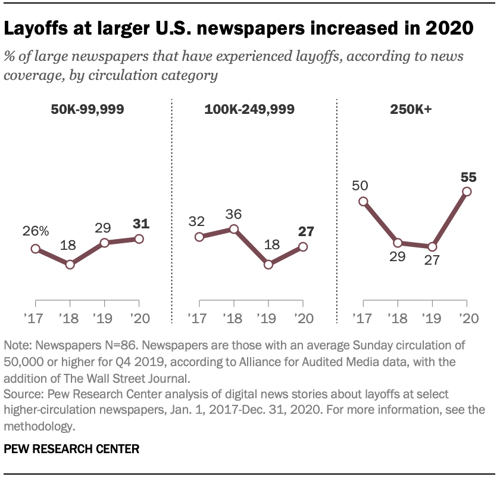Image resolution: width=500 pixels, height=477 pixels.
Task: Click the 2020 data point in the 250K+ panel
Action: click(467, 191)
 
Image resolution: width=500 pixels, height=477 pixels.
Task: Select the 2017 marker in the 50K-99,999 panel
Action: click(36, 249)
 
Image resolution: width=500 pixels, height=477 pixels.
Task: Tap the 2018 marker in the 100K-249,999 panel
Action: click(234, 229)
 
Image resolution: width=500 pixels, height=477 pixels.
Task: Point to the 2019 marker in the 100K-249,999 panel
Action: click(268, 264)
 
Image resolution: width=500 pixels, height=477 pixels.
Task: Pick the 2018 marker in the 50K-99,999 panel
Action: click(70, 264)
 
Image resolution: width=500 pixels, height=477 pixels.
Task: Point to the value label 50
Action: click(361, 186)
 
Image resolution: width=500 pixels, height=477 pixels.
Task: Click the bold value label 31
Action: click(139, 224)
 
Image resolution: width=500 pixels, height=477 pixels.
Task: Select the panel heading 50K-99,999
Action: click(87, 110)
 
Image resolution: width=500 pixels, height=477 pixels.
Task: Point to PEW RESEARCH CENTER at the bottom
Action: click(72, 449)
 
